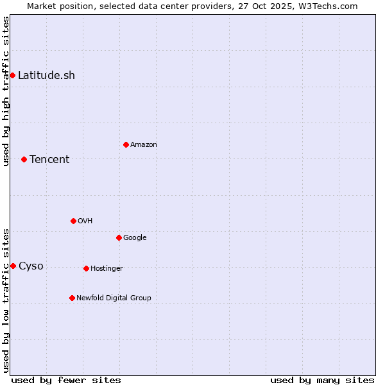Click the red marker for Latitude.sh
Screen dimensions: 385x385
(x=12, y=75)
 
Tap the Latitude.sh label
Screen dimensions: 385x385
(x=46, y=76)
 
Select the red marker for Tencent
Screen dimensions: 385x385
(x=24, y=159)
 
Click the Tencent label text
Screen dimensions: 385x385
(x=49, y=160)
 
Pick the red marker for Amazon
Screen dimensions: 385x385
(x=126, y=144)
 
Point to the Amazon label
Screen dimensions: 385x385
(x=143, y=145)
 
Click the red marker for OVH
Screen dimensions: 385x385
(x=73, y=221)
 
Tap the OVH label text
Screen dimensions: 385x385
(x=85, y=221)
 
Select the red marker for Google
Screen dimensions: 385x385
(x=119, y=237)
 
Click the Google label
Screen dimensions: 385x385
(x=135, y=238)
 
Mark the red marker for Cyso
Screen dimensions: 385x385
(x=13, y=266)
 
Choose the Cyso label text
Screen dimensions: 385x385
(x=31, y=266)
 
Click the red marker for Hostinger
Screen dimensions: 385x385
(x=86, y=268)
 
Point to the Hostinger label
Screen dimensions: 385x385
(x=107, y=269)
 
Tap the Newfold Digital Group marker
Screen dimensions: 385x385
(x=72, y=298)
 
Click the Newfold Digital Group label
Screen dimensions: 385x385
(x=114, y=298)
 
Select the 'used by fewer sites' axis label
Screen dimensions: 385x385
(x=66, y=380)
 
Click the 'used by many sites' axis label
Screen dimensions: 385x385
(x=322, y=380)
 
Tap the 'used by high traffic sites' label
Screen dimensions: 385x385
(x=6, y=91)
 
